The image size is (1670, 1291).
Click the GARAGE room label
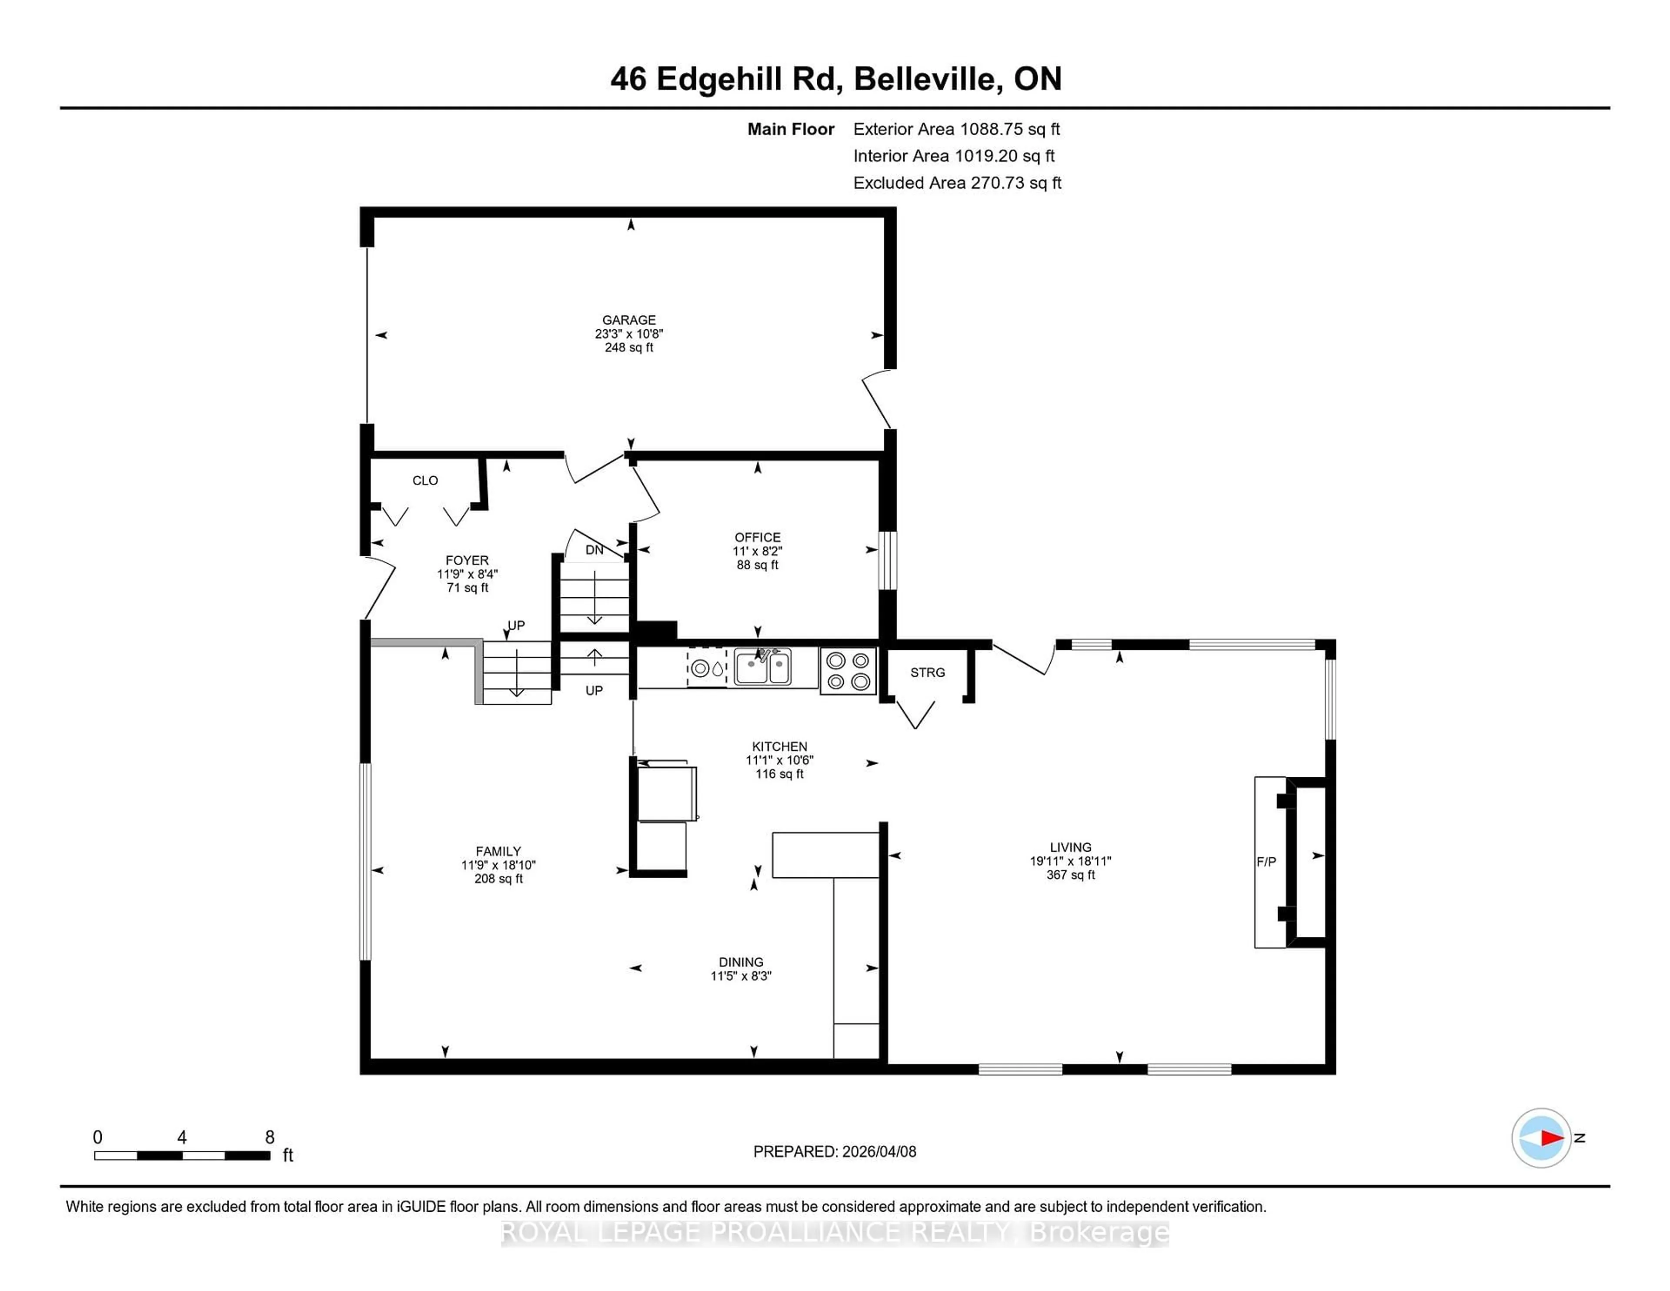(628, 320)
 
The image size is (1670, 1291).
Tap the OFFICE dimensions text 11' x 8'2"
(757, 551)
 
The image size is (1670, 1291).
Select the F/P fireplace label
(1266, 861)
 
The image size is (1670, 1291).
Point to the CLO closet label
(425, 480)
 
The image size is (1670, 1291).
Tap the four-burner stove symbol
(848, 671)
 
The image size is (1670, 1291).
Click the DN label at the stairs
(594, 550)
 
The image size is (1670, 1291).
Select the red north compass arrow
(1551, 1138)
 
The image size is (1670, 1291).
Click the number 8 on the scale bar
(269, 1137)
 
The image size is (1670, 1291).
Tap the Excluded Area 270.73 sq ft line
(957, 183)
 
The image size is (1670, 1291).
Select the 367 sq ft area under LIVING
(1071, 874)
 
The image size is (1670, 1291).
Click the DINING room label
(740, 962)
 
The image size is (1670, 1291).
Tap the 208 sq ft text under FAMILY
(498, 879)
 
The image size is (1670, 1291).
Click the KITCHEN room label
(779, 746)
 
